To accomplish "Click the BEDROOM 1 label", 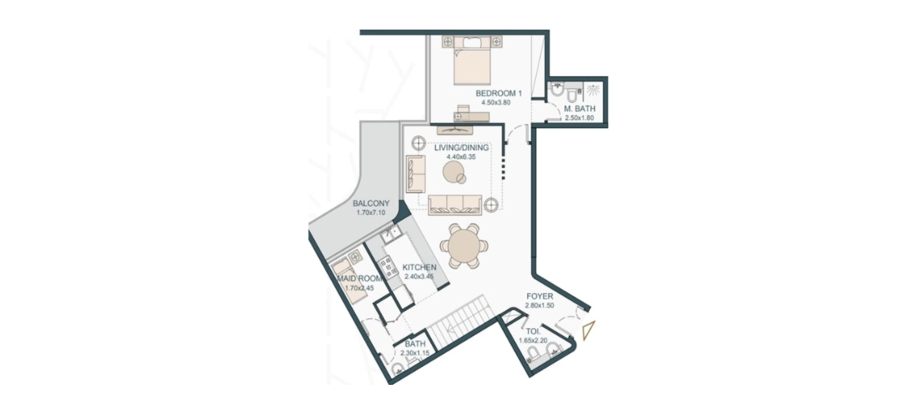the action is point(498,93).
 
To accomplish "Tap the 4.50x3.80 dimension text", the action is point(496,103).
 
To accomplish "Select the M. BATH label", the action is point(580,109).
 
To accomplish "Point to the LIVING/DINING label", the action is point(461,148).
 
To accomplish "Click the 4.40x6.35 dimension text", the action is point(461,157).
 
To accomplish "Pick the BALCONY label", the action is point(371,203).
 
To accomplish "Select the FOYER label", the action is point(540,296).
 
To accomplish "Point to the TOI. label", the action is point(533,331).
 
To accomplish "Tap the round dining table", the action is point(464,246).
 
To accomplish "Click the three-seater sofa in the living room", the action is point(455,205).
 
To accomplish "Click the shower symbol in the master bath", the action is point(593,90).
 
